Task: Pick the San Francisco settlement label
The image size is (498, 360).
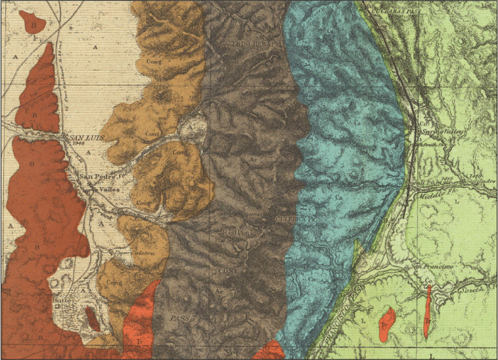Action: coord(433,267)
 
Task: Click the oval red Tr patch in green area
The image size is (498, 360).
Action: coord(387,325)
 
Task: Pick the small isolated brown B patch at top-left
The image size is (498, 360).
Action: coord(32,25)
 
